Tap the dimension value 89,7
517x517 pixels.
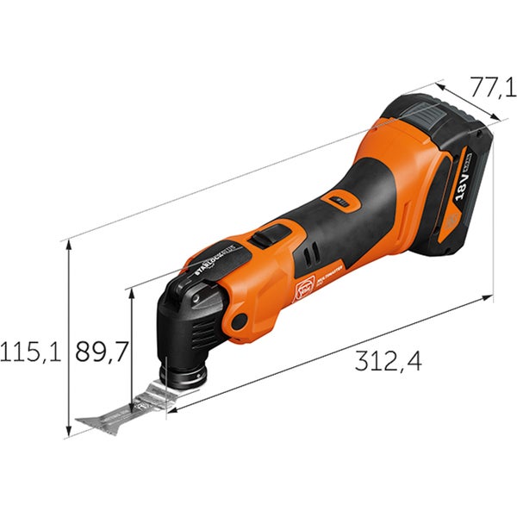101,351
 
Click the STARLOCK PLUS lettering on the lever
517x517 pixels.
215,255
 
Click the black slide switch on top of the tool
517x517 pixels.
273,233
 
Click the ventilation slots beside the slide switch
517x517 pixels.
308,256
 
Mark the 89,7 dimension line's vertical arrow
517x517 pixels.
131,345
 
